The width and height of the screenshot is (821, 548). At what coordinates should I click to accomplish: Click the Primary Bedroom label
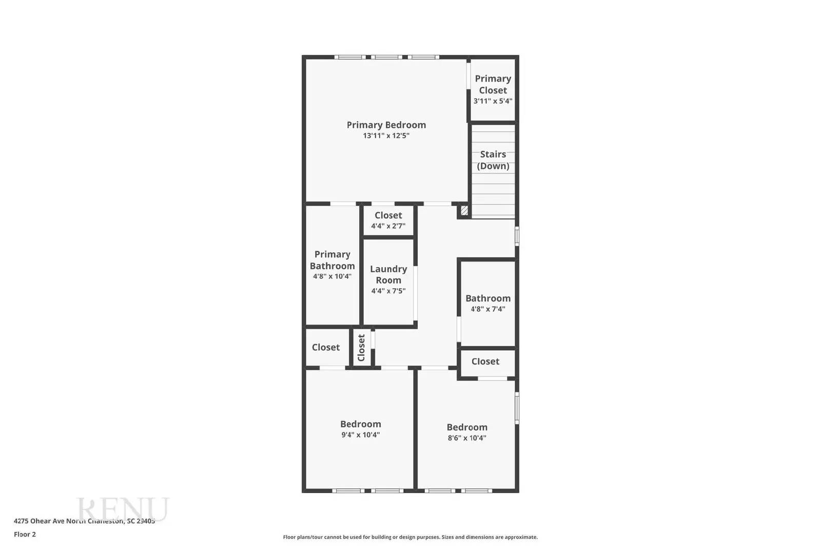coord(386,125)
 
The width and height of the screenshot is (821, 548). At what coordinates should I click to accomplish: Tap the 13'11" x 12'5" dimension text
coord(386,136)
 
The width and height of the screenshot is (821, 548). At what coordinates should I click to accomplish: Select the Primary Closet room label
coord(493,84)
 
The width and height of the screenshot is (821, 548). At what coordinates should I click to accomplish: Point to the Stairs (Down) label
coord(493,160)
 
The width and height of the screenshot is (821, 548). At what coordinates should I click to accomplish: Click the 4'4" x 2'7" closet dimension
coord(388,226)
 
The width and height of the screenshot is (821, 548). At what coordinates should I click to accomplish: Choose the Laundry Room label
coord(388,274)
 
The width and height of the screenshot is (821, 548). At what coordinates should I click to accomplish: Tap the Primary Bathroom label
coord(332,260)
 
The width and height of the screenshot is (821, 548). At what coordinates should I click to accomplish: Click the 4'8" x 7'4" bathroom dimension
coord(487,309)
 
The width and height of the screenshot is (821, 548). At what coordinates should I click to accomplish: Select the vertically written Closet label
coord(361,348)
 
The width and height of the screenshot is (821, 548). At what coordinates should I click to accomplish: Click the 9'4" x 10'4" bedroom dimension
coord(360,435)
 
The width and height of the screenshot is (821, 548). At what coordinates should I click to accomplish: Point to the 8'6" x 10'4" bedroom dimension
coord(466,438)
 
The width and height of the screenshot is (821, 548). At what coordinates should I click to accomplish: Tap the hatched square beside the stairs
coord(464,211)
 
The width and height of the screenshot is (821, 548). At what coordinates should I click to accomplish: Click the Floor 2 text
coord(25,534)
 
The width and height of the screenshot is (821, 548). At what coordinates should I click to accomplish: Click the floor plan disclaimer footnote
coord(410,537)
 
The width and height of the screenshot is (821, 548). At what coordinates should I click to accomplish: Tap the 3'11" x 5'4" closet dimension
coord(493,101)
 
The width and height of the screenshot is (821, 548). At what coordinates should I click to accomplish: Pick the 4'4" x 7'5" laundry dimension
coord(388,291)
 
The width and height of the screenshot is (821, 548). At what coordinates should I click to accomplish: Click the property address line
coord(84,521)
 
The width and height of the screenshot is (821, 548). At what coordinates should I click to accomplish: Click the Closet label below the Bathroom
coord(485,362)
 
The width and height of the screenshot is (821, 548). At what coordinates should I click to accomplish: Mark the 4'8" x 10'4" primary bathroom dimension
coord(332,276)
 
